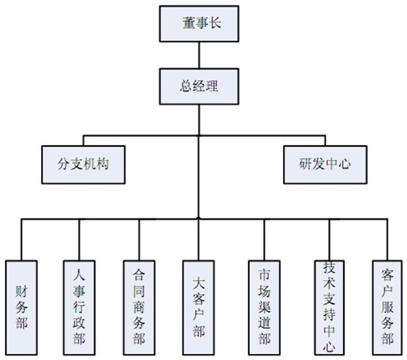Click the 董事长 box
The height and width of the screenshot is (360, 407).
click(x=199, y=24)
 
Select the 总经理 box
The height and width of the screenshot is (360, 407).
click(x=199, y=87)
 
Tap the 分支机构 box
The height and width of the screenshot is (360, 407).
click(x=84, y=165)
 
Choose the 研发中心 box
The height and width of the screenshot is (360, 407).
click(x=326, y=165)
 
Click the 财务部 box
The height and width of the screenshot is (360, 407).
click(x=21, y=308)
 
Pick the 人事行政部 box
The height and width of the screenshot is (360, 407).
click(x=79, y=308)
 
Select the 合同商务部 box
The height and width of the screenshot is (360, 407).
click(x=139, y=308)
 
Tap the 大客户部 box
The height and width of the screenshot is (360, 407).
click(x=199, y=308)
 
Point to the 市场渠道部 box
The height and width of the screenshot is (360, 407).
click(x=264, y=308)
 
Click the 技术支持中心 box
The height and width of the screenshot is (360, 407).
click(x=329, y=308)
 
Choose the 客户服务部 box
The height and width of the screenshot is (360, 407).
click(x=387, y=308)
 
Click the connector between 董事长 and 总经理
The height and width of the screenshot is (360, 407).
click(x=199, y=55)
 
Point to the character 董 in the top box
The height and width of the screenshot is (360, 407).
click(x=189, y=23)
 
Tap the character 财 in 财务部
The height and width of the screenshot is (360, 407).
click(x=21, y=292)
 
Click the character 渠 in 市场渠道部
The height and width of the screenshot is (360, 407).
click(x=264, y=306)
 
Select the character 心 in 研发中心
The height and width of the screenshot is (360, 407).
click(x=345, y=164)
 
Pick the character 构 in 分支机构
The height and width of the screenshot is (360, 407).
click(x=102, y=164)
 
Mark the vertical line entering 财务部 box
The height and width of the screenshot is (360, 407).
click(x=21, y=240)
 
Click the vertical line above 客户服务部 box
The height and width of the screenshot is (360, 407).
click(x=387, y=240)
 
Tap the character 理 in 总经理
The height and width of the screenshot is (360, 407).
click(x=211, y=86)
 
